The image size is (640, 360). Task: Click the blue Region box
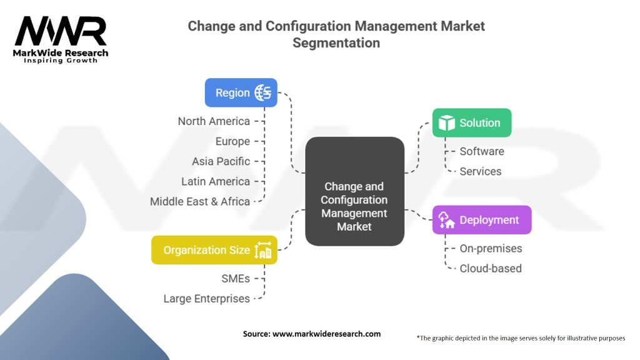click(x=241, y=92)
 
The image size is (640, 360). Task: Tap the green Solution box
click(x=472, y=122)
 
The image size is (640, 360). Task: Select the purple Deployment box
click(x=481, y=220)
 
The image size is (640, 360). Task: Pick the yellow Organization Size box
click(x=214, y=250)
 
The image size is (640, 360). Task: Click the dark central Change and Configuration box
click(x=354, y=191)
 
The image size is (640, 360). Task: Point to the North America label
click(x=214, y=121)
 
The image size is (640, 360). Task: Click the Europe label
click(x=232, y=141)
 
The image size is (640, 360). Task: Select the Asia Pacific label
click(x=221, y=161)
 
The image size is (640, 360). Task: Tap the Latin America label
click(x=216, y=181)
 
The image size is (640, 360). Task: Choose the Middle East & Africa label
click(x=200, y=201)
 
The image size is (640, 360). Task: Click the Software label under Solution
click(x=481, y=151)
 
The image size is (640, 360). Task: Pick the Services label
click(x=480, y=171)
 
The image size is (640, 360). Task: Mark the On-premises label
click(x=491, y=248)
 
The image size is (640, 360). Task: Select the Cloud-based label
click(x=491, y=268)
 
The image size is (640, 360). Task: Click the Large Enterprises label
click(x=206, y=298)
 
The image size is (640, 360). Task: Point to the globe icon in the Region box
click(x=262, y=92)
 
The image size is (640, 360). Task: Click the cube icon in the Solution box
click(x=446, y=123)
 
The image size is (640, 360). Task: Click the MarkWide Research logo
click(x=61, y=39)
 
